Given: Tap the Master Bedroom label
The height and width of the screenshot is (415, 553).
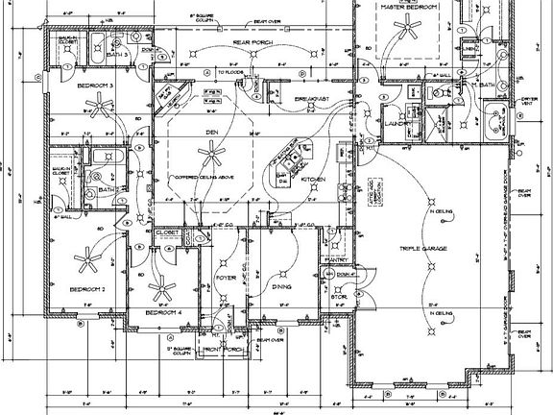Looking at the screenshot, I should [x=409, y=7].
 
